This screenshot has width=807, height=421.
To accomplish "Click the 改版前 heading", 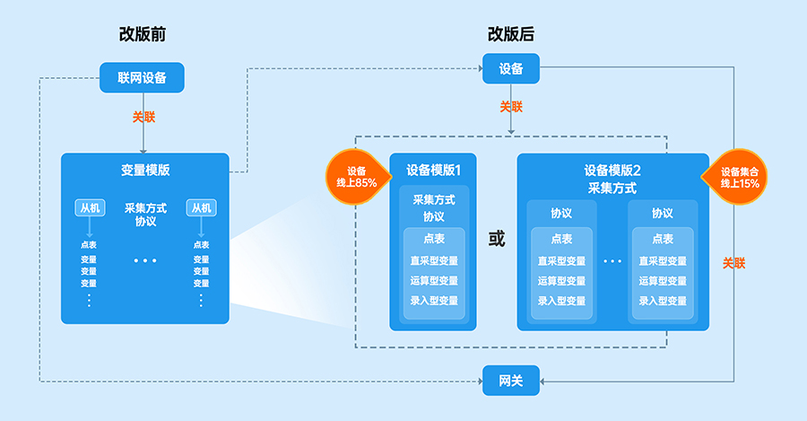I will tap(143, 35).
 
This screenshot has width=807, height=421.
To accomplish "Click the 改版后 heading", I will tap(511, 35).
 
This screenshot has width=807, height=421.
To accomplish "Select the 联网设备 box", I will tap(143, 77).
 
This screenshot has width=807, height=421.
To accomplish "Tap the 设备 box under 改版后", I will tap(511, 69).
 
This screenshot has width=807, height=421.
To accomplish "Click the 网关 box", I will tap(511, 382).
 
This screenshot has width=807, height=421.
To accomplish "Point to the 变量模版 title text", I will tap(145, 170).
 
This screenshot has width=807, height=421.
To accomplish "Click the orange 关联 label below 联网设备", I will tap(144, 117).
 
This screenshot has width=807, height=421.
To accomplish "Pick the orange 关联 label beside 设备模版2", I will tap(734, 263).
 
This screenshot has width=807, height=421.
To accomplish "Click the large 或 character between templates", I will tap(496, 240).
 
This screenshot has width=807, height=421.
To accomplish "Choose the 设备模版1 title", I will tap(433, 170).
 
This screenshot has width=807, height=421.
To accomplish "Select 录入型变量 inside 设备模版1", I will tap(434, 301).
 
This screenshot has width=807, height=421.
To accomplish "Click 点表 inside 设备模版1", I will tap(434, 239).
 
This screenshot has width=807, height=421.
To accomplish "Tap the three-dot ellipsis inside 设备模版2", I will tap(612, 261).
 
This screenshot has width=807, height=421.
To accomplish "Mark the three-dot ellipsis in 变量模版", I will tap(145, 261).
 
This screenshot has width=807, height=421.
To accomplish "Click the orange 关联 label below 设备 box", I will tap(511, 106).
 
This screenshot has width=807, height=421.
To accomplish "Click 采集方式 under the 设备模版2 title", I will tap(612, 189).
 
